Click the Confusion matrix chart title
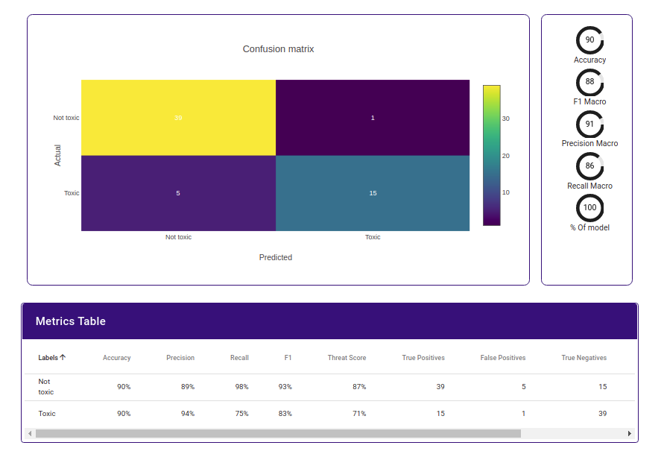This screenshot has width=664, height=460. coord(278,49)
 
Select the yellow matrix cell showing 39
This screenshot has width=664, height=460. coord(178,118)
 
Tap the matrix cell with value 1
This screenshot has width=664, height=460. coord(373,118)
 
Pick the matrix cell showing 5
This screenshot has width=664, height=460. coord(178,193)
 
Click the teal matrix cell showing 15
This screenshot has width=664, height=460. coord(373,193)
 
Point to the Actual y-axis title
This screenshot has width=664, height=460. coord(58,155)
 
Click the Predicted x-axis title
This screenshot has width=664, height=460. coord(276,257)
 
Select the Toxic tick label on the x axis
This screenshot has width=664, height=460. coord(373,237)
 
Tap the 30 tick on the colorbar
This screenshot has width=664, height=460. coord(505,119)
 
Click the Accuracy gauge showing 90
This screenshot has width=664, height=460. coord(589,40)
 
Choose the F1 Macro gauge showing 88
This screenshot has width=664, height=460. coord(589,82)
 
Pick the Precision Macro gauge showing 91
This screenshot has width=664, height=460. coord(589,124)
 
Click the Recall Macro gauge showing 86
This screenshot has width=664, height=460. coord(589,166)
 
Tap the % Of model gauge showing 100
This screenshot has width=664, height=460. coord(589,208)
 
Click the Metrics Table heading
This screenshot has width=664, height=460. coord(71,321)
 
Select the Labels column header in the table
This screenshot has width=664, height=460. coord(51,358)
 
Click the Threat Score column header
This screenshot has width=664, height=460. coord(347,358)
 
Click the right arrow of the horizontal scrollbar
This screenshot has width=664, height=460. coord(629,433)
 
